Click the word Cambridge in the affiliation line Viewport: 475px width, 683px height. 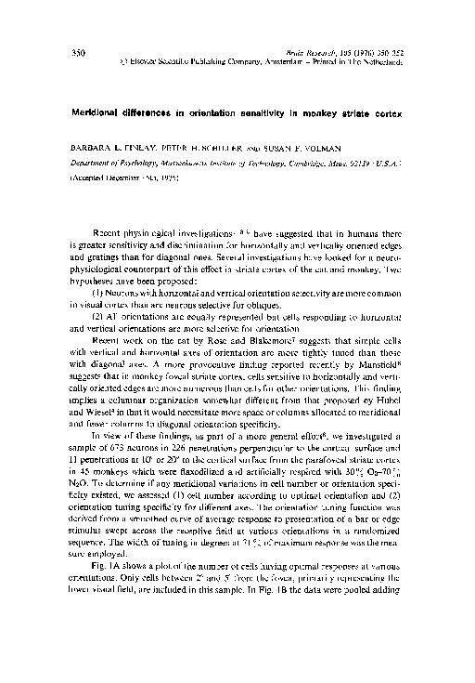click(328, 161)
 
